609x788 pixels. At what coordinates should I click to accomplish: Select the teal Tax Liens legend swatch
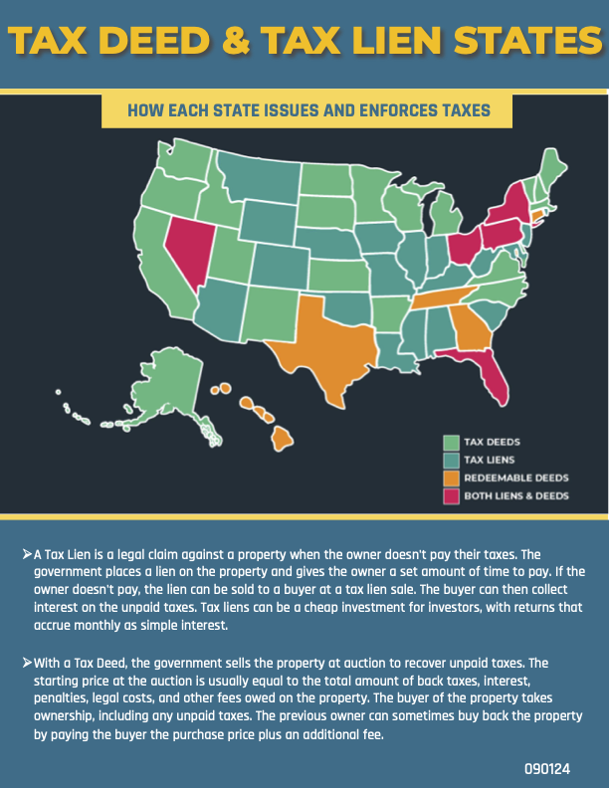coord(451,460)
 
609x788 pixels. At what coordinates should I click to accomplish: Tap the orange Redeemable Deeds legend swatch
coord(451,478)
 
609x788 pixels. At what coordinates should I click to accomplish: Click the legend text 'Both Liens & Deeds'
coord(516,495)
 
